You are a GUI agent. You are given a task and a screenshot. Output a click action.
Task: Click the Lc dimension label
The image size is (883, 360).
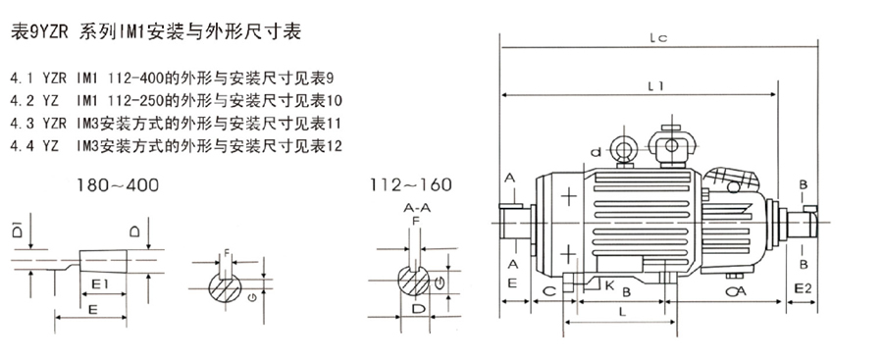tap(657, 37)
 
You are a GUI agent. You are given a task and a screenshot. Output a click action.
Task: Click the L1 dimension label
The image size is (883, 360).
tap(655, 85)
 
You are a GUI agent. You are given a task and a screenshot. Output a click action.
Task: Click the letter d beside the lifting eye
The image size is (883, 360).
tap(596, 151)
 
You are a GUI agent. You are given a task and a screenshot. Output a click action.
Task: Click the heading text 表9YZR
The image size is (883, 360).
tap(40, 31)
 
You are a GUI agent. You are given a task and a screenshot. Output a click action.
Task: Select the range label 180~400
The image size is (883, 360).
tap(119, 184)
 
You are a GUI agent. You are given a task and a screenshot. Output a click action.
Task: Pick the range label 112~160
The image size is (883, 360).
tap(410, 184)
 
